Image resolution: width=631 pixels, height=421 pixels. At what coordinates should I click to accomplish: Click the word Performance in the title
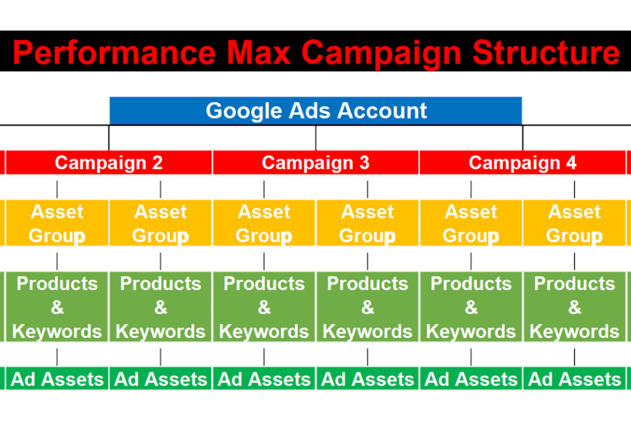click(x=114, y=53)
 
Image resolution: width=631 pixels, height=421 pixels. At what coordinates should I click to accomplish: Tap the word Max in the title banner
click(x=259, y=52)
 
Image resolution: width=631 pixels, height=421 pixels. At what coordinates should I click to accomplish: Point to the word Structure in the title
click(x=546, y=52)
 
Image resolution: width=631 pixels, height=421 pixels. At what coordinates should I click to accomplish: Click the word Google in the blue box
click(x=244, y=111)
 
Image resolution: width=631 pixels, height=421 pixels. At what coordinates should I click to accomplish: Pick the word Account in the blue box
click(x=382, y=111)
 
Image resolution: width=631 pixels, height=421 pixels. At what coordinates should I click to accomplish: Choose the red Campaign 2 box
click(x=109, y=163)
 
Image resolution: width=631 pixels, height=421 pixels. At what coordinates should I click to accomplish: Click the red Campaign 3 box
click(x=315, y=163)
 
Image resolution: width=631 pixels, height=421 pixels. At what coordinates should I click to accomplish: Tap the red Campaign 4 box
click(x=522, y=163)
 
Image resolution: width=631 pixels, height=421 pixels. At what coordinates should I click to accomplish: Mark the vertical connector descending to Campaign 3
click(x=316, y=139)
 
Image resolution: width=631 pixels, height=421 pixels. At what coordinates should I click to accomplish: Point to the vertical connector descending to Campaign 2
click(x=109, y=139)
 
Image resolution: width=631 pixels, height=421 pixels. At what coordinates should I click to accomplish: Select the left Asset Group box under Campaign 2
click(x=57, y=223)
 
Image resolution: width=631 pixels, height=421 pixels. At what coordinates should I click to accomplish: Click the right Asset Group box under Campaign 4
click(x=574, y=223)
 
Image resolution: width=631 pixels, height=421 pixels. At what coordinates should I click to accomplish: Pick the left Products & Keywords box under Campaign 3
click(x=264, y=307)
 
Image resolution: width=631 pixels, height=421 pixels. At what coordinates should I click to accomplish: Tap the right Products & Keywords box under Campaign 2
click(x=161, y=307)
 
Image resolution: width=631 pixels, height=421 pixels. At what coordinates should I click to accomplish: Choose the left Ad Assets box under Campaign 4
click(x=471, y=379)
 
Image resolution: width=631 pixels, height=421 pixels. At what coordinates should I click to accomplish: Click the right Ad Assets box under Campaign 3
click(x=368, y=379)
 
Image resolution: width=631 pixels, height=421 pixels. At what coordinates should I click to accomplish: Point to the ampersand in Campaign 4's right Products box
click(x=575, y=308)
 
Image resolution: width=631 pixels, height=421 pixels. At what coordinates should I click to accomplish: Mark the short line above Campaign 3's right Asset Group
click(x=368, y=189)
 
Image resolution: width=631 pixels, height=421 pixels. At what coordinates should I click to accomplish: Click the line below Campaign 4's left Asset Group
click(x=471, y=261)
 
